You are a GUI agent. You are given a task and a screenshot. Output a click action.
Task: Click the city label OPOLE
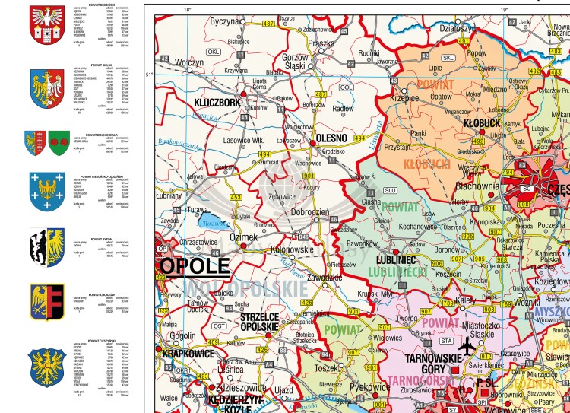[x=194, y=265]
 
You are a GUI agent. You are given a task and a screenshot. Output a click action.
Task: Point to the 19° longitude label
[x=503, y=9]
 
